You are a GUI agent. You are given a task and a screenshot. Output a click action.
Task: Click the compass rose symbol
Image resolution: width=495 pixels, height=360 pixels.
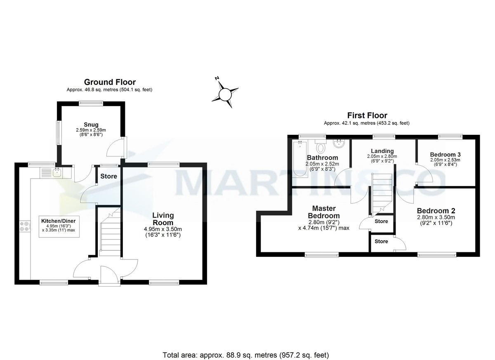225,94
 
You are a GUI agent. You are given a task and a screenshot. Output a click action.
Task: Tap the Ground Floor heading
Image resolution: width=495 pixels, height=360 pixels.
110,82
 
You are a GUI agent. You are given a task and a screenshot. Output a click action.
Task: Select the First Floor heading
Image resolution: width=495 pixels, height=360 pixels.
367,115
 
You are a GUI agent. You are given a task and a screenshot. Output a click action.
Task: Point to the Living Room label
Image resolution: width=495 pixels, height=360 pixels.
163,219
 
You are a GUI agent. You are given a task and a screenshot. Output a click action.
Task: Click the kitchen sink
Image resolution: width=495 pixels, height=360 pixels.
57,172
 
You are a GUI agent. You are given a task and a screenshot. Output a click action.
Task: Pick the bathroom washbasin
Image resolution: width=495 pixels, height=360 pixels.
339,145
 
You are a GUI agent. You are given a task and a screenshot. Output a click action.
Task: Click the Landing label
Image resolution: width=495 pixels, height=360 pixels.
382,151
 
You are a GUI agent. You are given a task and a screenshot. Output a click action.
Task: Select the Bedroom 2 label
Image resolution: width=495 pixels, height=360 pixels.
436,210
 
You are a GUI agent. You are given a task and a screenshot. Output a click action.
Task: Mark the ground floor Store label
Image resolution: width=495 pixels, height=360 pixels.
109,176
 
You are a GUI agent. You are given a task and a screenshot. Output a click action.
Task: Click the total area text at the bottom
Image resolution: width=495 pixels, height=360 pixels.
246,355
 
